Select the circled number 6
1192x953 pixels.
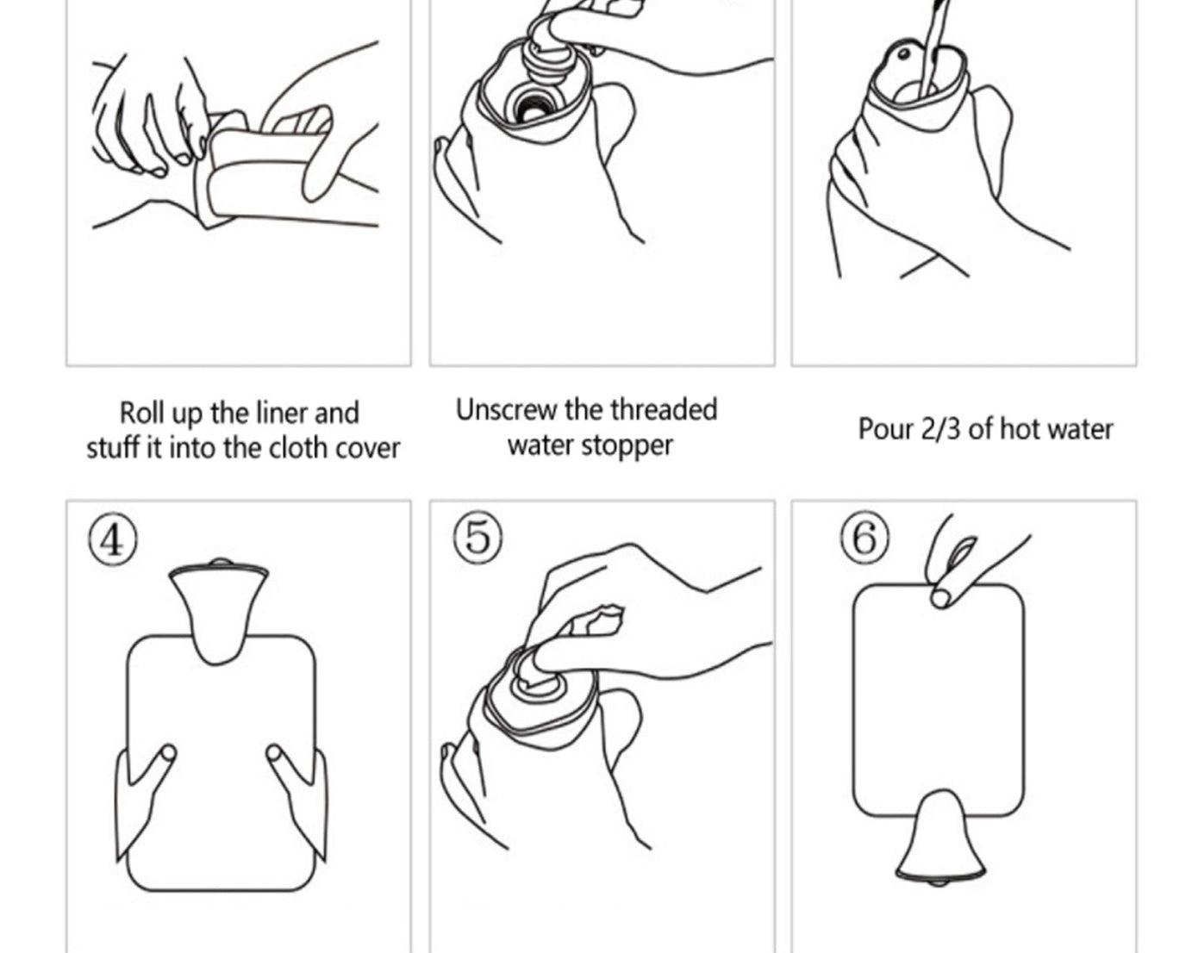[863, 539]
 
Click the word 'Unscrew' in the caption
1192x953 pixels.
[506, 410]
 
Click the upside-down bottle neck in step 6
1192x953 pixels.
[937, 836]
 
